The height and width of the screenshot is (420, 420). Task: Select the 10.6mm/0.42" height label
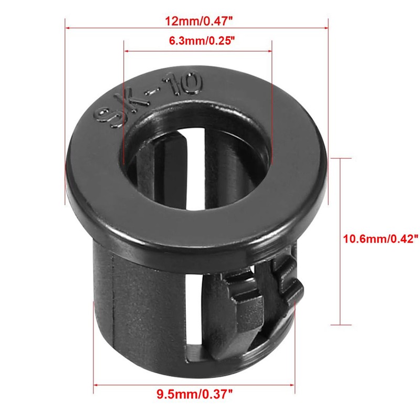[380, 239]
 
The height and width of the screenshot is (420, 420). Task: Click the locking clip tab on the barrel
[262, 294]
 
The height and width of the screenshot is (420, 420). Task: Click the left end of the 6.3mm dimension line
[124, 51]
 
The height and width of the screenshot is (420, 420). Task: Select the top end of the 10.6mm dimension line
[342, 159]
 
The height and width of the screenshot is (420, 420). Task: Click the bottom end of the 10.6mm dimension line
[342, 326]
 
